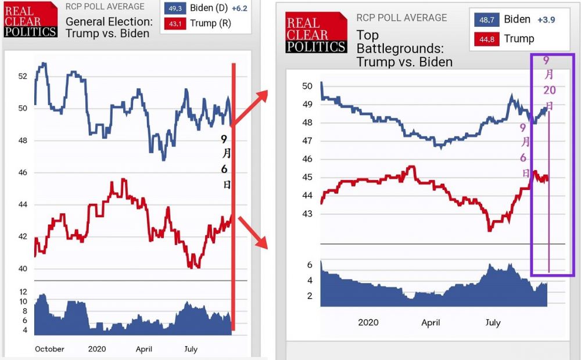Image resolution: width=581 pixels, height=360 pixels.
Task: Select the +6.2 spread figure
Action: click(239, 8)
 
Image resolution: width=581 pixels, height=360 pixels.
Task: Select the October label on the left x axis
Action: click(49, 349)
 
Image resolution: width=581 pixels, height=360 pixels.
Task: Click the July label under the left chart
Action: click(191, 349)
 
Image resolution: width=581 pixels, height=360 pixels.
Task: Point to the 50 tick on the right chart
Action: click(307, 87)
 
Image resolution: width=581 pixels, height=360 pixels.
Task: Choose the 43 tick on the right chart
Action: click(307, 214)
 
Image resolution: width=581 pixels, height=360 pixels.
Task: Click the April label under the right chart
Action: click(431, 323)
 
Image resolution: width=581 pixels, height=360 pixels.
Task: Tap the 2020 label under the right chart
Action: click(368, 323)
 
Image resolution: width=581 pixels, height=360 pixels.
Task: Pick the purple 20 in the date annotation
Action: click(549, 90)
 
